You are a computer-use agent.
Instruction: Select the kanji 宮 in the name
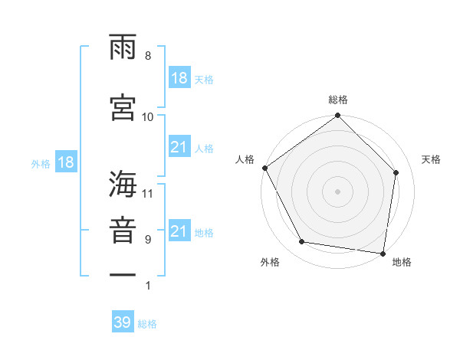pos(123,106)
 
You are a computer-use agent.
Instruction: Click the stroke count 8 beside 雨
pos(147,56)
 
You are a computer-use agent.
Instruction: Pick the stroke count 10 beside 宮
pos(148,116)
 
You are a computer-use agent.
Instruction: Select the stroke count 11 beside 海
pos(148,193)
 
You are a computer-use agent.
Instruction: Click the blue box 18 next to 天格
pos(179,78)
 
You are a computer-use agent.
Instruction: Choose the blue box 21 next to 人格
pos(179,148)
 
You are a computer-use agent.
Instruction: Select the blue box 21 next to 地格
pos(179,232)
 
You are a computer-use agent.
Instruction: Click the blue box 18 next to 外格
pos(65,163)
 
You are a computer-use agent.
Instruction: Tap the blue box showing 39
pos(123,322)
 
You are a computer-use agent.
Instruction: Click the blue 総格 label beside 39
pos(147,324)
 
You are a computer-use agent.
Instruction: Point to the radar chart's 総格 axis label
pos(338,100)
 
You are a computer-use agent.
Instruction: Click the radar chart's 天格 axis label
pos(432,160)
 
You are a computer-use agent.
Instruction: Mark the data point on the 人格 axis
pos(264,168)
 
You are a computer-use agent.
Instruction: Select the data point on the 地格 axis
pos(383,253)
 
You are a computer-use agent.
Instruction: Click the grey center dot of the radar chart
pos(337,191)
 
